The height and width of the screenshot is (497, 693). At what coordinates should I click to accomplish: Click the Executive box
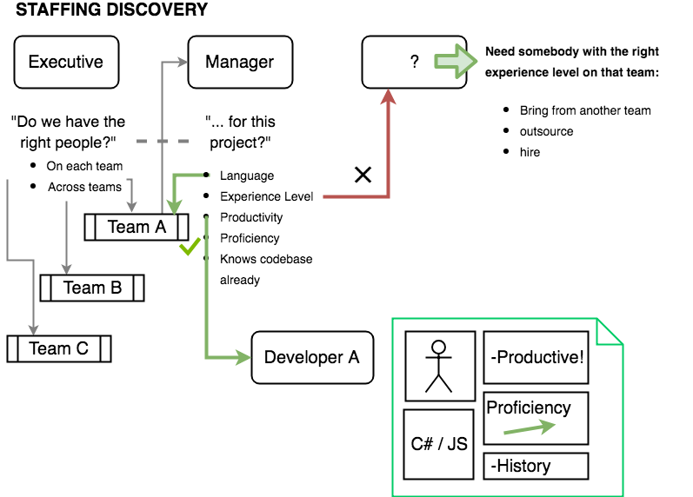(x=66, y=62)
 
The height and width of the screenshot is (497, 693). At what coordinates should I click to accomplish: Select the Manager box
(x=239, y=62)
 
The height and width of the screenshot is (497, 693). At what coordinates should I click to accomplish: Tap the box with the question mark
(x=414, y=62)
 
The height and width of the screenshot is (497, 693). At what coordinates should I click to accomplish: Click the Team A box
(x=137, y=227)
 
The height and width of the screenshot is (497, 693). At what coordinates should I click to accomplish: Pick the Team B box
(x=92, y=288)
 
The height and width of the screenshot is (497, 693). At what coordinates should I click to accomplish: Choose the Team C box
(x=58, y=348)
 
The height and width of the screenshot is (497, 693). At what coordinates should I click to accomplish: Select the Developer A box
(x=312, y=357)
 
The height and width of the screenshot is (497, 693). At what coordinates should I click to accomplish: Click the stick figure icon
(x=439, y=365)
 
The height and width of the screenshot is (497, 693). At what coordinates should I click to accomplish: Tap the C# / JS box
(x=439, y=443)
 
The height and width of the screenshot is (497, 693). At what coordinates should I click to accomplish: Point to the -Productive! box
(x=536, y=357)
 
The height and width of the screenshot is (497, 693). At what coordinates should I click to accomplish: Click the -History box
(x=536, y=466)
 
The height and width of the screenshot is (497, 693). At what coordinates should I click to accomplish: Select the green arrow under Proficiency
(x=530, y=427)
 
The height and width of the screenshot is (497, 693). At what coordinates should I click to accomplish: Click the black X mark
(x=363, y=176)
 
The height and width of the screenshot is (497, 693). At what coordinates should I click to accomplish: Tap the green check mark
(x=190, y=249)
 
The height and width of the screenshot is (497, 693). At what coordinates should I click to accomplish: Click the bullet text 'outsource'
(x=546, y=131)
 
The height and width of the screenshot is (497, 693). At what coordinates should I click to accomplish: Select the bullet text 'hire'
(x=530, y=152)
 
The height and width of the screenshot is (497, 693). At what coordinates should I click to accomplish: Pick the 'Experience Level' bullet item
(x=266, y=196)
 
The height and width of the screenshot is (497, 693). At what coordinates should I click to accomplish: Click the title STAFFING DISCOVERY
(x=111, y=10)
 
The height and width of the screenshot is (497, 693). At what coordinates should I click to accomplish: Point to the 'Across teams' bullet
(x=84, y=187)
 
